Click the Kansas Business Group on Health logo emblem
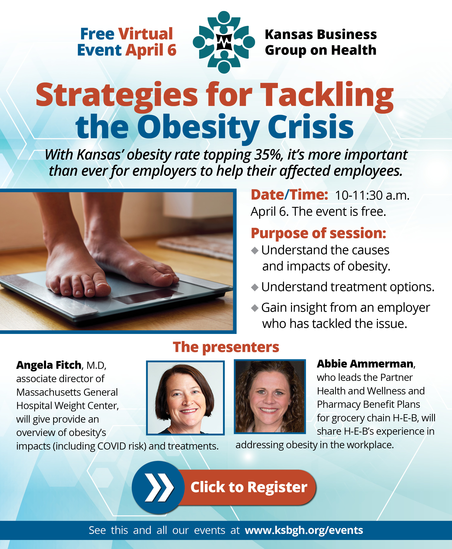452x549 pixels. point(224,42)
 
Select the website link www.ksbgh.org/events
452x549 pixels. point(304,530)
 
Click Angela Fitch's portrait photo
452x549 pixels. point(185,398)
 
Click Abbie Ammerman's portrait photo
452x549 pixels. point(270,396)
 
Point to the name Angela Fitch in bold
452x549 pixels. point(49,365)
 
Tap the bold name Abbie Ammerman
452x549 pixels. point(365,364)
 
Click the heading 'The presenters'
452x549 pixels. point(226,347)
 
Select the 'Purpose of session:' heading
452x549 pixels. point(318,233)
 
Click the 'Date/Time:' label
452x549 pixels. point(289,195)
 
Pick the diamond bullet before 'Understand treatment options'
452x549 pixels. point(255,287)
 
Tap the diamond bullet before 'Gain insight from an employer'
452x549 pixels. point(255,308)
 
